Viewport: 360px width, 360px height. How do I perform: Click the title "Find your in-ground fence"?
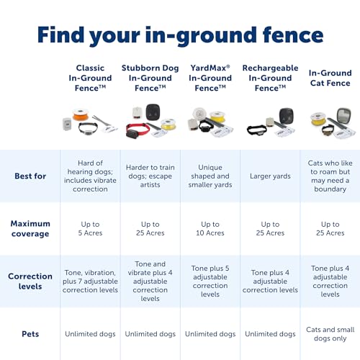(180, 35)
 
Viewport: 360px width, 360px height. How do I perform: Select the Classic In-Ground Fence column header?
(90, 78)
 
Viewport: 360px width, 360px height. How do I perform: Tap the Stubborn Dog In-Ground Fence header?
(150, 78)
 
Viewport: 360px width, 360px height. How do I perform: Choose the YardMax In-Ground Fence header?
(210, 78)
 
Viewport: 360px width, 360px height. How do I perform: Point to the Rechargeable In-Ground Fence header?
(270, 78)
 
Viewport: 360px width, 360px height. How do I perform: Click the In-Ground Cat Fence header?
(330, 78)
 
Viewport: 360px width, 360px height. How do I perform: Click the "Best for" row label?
(30, 176)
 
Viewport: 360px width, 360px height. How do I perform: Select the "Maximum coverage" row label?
(30, 228)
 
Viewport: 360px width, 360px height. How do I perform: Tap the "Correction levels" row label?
(30, 281)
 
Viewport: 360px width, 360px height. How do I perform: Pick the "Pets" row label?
(30, 334)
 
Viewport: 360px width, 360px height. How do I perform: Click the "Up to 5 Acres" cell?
(90, 228)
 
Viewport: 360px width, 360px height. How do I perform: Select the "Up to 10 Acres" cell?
(210, 228)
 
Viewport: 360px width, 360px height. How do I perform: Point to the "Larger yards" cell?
(270, 176)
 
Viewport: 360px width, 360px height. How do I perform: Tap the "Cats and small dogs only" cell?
(330, 334)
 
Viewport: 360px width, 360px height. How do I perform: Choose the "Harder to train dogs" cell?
(150, 176)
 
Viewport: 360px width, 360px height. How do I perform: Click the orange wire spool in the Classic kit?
(81, 114)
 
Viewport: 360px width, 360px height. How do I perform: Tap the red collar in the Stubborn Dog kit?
(138, 130)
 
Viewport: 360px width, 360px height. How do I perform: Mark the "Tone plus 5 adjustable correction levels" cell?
(210, 281)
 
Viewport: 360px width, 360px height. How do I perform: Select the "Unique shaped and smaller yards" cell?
(210, 176)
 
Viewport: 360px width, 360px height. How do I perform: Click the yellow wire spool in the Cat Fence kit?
(319, 120)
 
